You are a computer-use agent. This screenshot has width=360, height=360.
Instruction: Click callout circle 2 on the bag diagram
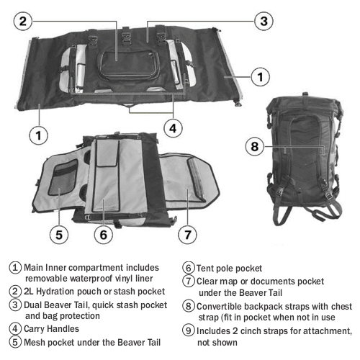click(x=24, y=21)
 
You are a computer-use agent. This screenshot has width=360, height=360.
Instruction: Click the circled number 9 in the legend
click(x=189, y=330)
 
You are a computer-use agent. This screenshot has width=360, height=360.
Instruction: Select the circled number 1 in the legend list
click(x=16, y=266)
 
